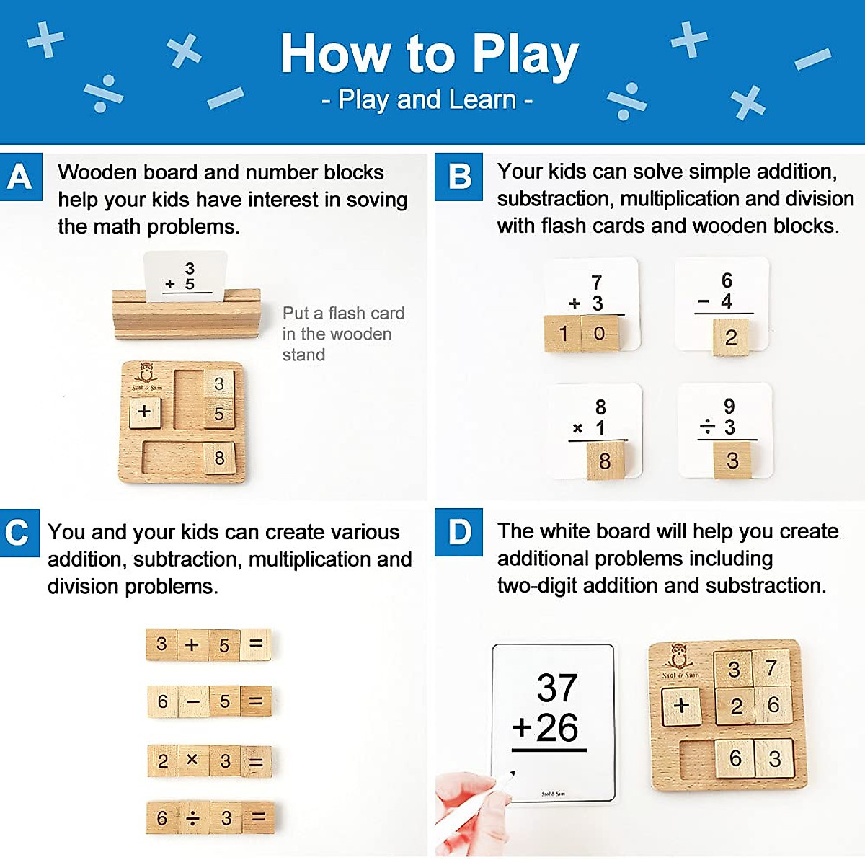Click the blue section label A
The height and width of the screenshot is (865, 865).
(x=20, y=177)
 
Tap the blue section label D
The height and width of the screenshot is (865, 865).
(x=458, y=533)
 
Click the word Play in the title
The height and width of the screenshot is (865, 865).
(x=525, y=55)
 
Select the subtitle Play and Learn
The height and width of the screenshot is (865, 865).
(x=427, y=99)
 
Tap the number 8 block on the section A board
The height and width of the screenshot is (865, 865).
(x=219, y=458)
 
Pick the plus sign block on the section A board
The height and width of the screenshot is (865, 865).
(x=145, y=412)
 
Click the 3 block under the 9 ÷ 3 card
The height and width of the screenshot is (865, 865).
(x=732, y=460)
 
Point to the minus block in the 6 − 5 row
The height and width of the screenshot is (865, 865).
(x=193, y=701)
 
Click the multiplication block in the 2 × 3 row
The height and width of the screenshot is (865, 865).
(x=192, y=760)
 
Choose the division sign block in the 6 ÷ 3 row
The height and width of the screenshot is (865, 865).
(x=193, y=817)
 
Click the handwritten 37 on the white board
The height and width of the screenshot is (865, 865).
(x=556, y=688)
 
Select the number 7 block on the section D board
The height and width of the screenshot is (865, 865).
(x=771, y=668)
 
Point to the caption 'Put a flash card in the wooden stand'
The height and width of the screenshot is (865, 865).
(x=342, y=334)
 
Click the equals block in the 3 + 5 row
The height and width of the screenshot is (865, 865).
(x=255, y=644)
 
